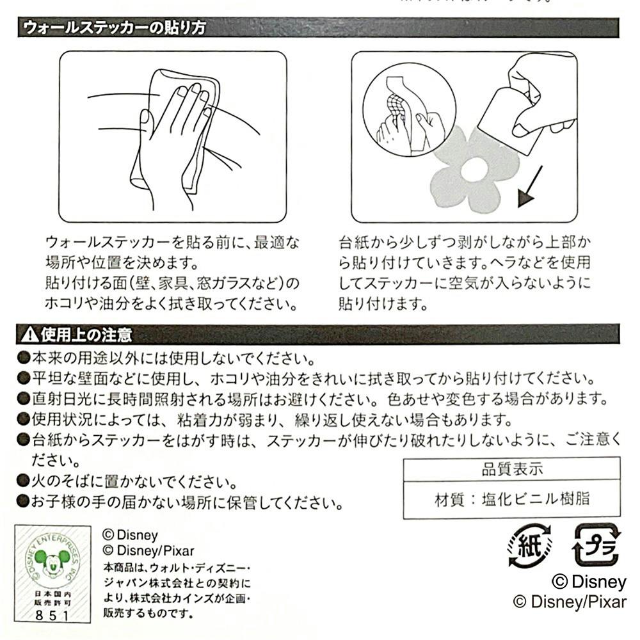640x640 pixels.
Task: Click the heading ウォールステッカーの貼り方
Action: [x=115, y=28]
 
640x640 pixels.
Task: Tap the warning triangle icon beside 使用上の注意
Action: [x=29, y=335]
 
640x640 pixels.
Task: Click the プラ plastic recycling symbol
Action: [x=596, y=545]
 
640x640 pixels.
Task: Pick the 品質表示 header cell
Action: [x=512, y=469]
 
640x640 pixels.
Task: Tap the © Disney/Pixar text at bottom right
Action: [x=570, y=602]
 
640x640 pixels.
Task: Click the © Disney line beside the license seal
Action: [x=130, y=534]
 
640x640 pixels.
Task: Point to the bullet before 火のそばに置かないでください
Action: [x=23, y=481]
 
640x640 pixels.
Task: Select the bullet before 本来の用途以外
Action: [x=23, y=358]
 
